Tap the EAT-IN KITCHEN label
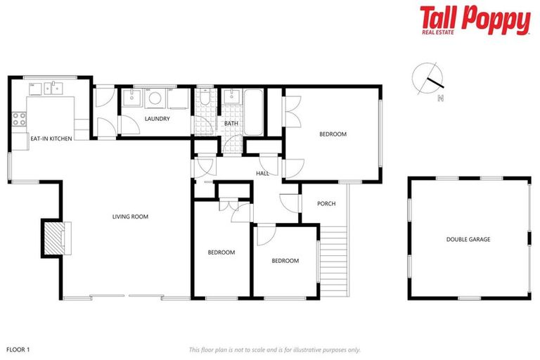(x=51, y=139)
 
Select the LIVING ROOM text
(x=130, y=217)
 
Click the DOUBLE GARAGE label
(x=468, y=239)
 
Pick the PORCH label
(x=326, y=204)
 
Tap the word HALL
(x=262, y=173)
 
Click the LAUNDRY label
(x=157, y=119)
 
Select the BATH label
(x=231, y=124)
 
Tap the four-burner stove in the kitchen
(x=18, y=119)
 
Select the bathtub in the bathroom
(x=253, y=112)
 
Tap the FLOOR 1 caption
(x=18, y=349)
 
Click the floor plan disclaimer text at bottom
(x=274, y=349)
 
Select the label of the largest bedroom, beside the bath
(x=333, y=134)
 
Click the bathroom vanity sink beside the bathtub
(x=232, y=97)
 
